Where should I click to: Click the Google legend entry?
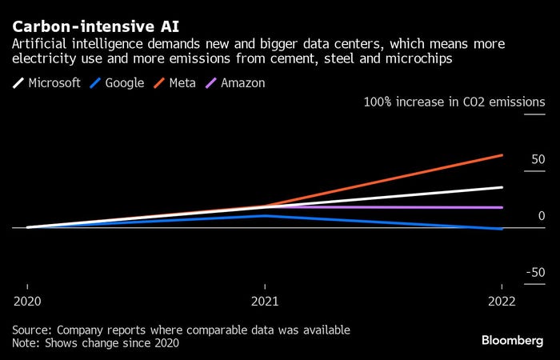tap(121, 83)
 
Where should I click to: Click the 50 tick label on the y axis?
tap(538, 160)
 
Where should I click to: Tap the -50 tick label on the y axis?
tap(535, 273)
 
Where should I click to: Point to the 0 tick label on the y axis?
tap(541, 216)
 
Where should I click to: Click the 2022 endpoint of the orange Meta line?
tap(502, 155)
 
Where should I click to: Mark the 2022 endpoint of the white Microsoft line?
tap(502, 187)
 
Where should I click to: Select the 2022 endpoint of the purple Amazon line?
tap(502, 207)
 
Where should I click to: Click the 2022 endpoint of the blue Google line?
tap(502, 229)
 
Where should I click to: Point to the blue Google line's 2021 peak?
tap(265, 215)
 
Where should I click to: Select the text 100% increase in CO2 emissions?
tap(454, 102)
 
